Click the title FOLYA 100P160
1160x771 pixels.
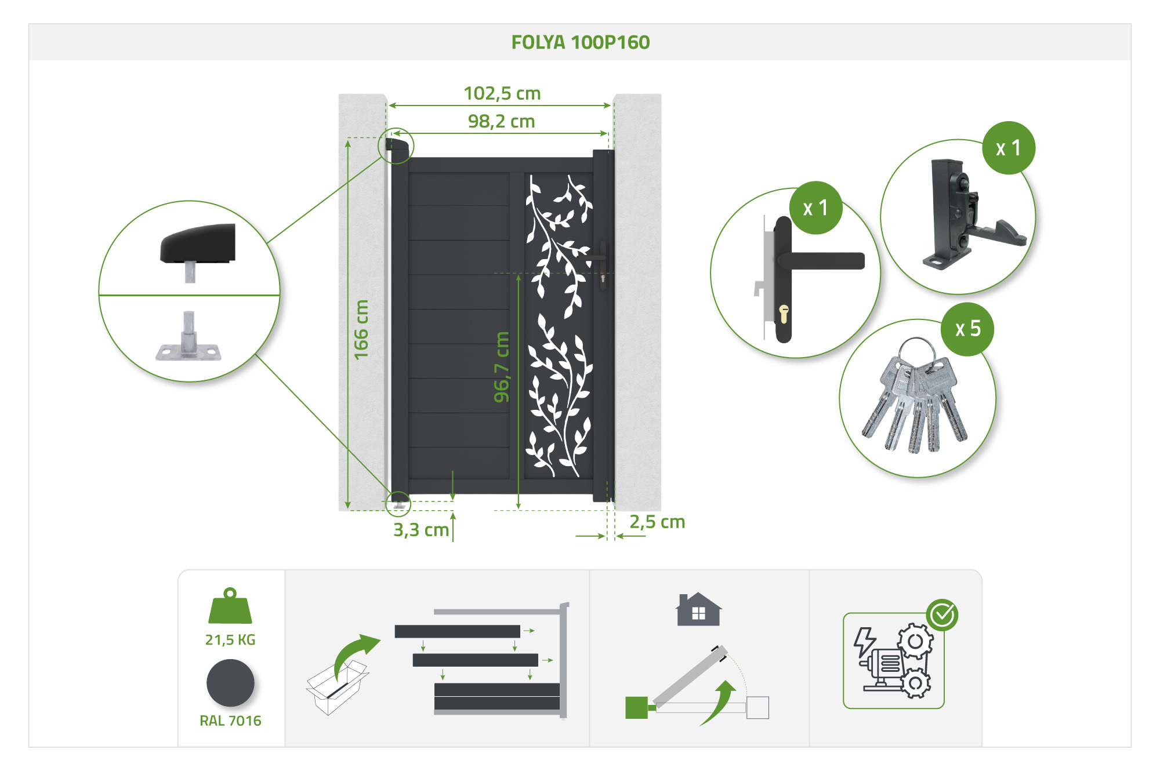580,42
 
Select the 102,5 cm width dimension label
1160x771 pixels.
502,93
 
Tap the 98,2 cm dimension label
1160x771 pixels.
501,121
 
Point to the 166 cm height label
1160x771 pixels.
361,329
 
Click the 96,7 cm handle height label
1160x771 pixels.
501,367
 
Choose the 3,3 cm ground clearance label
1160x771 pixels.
421,529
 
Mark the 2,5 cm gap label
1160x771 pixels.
657,522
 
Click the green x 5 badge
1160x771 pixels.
967,329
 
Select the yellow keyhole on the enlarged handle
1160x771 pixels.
784,314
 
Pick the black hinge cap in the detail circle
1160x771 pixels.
198,243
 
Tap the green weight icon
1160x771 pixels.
230,606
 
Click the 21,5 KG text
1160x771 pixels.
230,639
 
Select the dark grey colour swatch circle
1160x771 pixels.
230,683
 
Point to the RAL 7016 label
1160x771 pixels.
230,721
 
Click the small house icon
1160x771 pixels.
699,609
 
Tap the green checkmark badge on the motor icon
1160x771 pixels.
942,615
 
